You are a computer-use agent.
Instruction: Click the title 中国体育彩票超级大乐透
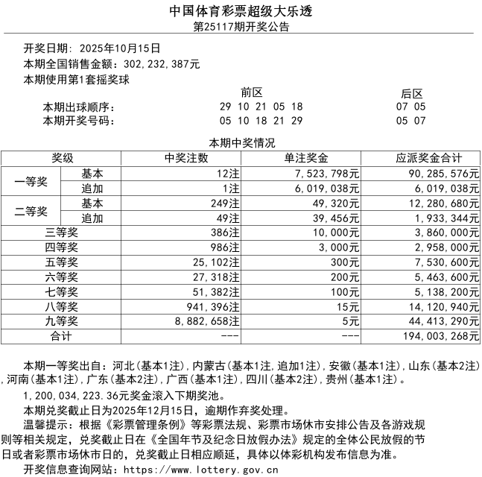pos(241,10)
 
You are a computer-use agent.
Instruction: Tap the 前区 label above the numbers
pos(251,93)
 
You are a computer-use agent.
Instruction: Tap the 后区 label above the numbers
pos(411,93)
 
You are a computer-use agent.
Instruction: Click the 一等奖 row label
pos(31,181)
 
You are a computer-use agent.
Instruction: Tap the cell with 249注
pos(226,203)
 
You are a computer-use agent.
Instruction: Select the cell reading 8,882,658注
pos(206,321)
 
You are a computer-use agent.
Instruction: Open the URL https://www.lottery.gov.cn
pos(200,470)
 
